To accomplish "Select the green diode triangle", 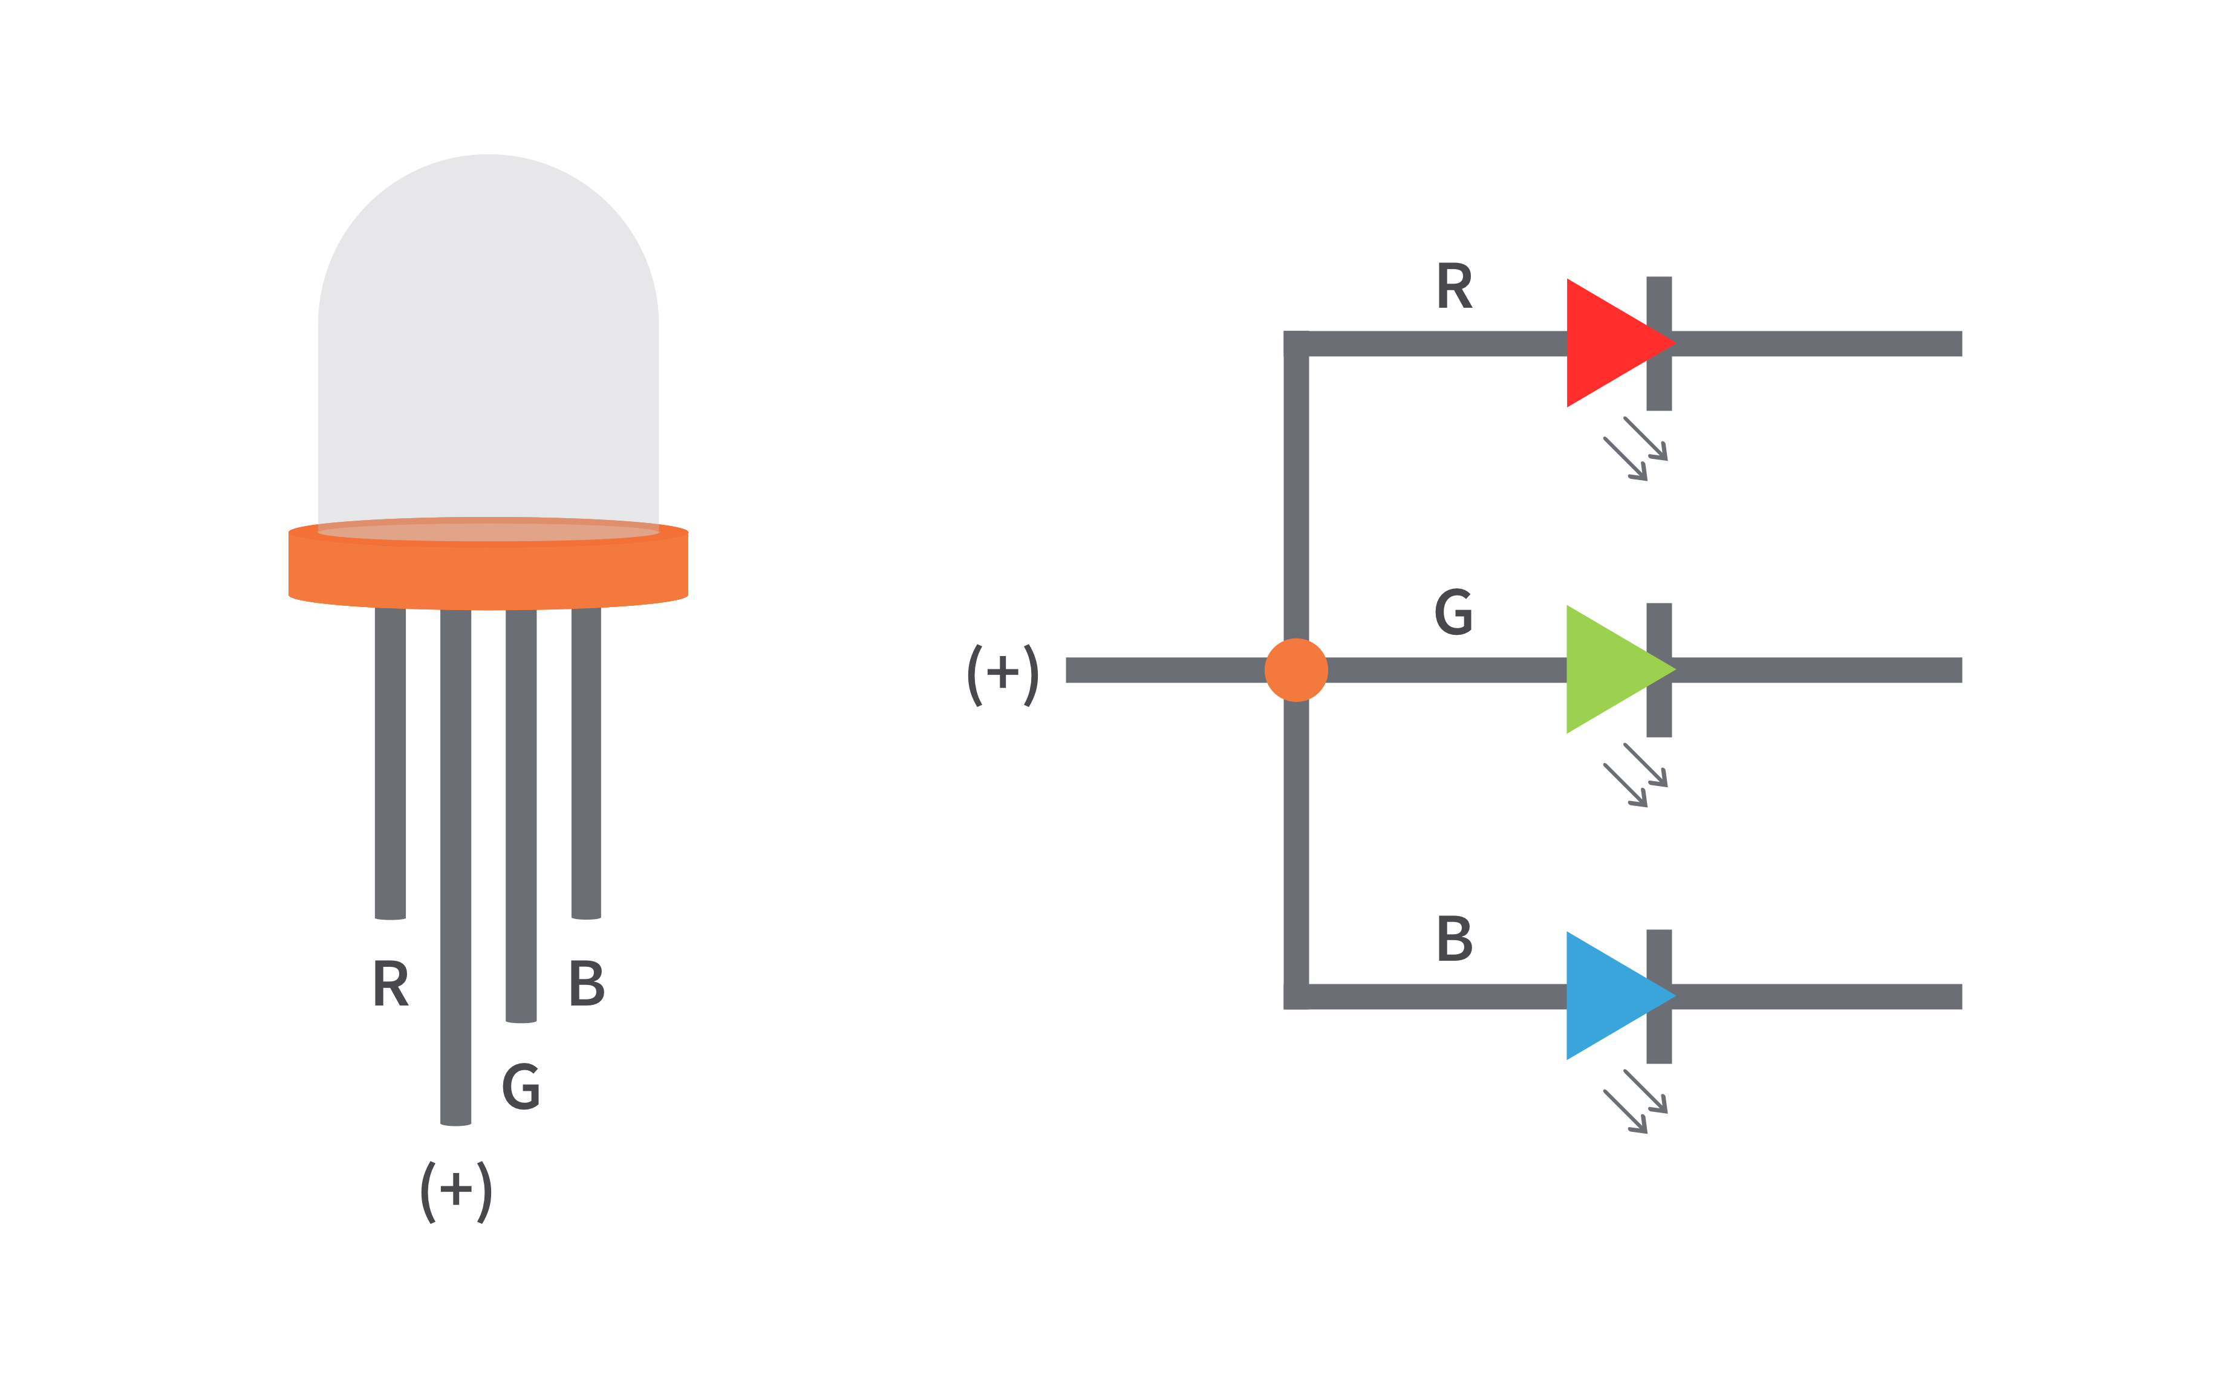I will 1606,669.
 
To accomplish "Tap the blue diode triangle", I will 1606,996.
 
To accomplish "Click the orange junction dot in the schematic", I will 1295,670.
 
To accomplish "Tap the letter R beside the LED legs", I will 391,983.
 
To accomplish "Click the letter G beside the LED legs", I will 521,1087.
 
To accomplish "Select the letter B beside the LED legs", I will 586,983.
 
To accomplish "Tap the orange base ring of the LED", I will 488,572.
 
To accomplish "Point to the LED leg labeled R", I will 390,760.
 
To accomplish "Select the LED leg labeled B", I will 586,760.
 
